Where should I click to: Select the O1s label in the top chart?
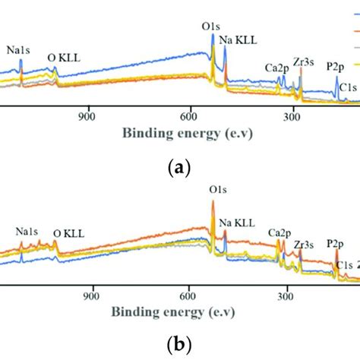click(x=212, y=26)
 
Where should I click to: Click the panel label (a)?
click(x=180, y=168)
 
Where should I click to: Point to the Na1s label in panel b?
click(x=30, y=230)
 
